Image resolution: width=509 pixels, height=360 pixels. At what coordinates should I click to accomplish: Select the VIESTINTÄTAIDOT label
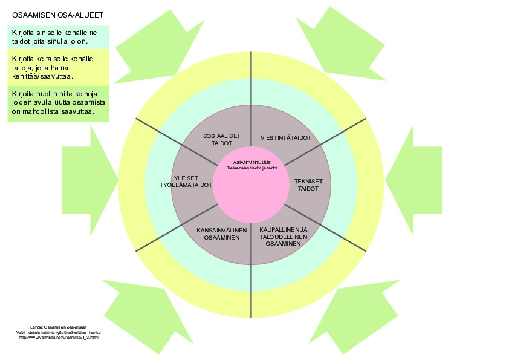285,138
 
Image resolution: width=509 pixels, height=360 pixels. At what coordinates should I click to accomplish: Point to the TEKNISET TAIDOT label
308,185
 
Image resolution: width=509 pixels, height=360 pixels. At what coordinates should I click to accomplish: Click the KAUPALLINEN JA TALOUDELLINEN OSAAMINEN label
284,237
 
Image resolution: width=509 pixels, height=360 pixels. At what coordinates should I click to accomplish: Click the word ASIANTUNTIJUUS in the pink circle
251,163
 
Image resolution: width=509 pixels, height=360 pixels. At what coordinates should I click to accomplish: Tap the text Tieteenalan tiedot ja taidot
252,168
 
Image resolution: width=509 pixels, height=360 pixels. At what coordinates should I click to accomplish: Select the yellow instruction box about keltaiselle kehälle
58,67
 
